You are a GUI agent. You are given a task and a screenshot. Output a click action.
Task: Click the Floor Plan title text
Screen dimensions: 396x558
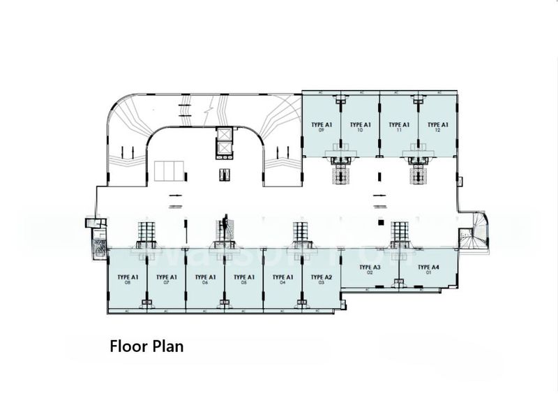(x=146, y=346)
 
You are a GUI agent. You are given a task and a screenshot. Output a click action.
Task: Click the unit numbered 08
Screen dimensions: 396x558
(x=128, y=279)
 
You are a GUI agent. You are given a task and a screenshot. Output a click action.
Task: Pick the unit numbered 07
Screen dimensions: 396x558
(x=167, y=279)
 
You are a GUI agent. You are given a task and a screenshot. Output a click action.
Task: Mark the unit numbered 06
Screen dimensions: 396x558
(x=205, y=279)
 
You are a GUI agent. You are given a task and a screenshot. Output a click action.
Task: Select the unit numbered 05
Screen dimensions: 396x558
(x=243, y=279)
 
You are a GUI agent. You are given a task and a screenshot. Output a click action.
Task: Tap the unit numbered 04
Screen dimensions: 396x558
(x=282, y=279)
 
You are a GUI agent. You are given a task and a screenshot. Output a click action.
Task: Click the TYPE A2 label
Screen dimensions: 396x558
(x=321, y=277)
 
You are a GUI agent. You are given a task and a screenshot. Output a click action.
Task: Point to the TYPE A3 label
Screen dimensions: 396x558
(x=370, y=267)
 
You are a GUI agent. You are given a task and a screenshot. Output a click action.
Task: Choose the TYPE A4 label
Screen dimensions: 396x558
(x=428, y=267)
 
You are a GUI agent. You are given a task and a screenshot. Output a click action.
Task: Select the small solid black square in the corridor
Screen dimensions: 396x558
(x=381, y=222)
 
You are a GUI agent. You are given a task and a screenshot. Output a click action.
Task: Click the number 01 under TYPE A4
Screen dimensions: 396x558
(x=428, y=273)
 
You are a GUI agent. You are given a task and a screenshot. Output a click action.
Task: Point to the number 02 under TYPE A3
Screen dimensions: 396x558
(x=370, y=273)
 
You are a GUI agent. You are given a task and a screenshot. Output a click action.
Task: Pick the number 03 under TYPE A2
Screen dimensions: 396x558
(x=321, y=282)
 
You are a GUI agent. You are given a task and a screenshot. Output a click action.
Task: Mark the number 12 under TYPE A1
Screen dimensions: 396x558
(x=437, y=131)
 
